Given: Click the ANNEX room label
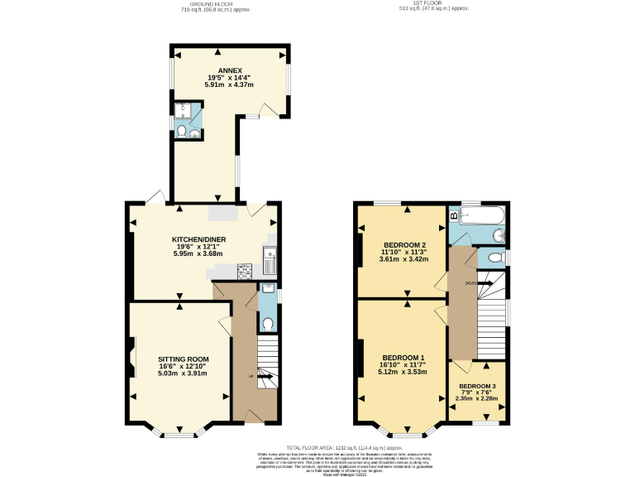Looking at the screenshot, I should point(229,70).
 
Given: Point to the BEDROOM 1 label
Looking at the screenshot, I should point(403,358).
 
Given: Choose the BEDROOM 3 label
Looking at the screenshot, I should point(478,387).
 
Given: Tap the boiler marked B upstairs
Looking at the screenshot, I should point(454,217).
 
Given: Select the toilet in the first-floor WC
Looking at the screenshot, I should point(494,258).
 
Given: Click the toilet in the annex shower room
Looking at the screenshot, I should point(182,131).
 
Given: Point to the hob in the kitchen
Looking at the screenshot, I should point(246,270).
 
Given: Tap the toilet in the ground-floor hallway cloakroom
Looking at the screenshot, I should point(267,323).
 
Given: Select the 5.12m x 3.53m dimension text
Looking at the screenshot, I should point(403,373).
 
